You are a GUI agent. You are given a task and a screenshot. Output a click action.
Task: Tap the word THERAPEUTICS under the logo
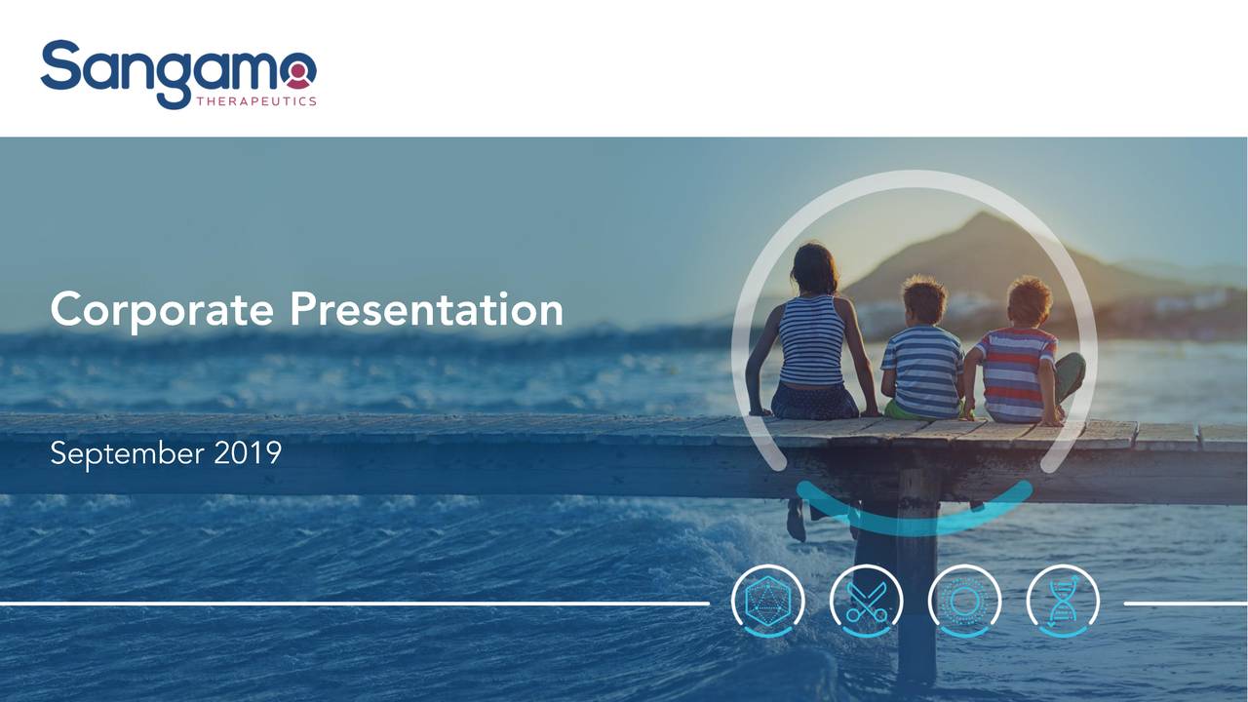(255, 100)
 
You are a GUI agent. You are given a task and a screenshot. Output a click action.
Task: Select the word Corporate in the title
(162, 310)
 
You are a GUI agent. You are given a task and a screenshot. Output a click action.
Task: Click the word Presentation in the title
(426, 310)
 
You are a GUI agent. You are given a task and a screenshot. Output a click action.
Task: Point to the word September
(128, 453)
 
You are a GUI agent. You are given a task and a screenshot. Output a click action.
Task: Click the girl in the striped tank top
(811, 341)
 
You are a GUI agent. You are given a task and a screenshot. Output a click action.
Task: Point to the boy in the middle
(921, 361)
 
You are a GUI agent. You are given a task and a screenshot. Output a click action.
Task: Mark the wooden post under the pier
(916, 575)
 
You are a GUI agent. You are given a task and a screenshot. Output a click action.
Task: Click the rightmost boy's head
(1029, 300)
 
